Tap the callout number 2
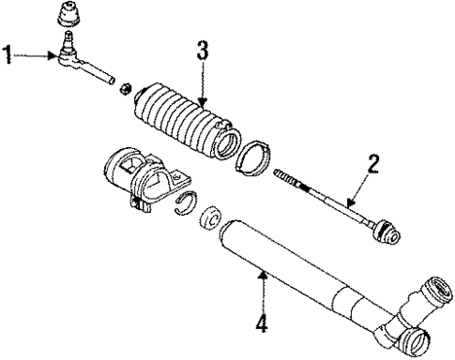(x=373, y=167)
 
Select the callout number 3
(x=201, y=51)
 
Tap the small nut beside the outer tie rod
(x=121, y=87)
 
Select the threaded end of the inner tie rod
(x=287, y=177)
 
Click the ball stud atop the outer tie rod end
(x=68, y=40)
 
